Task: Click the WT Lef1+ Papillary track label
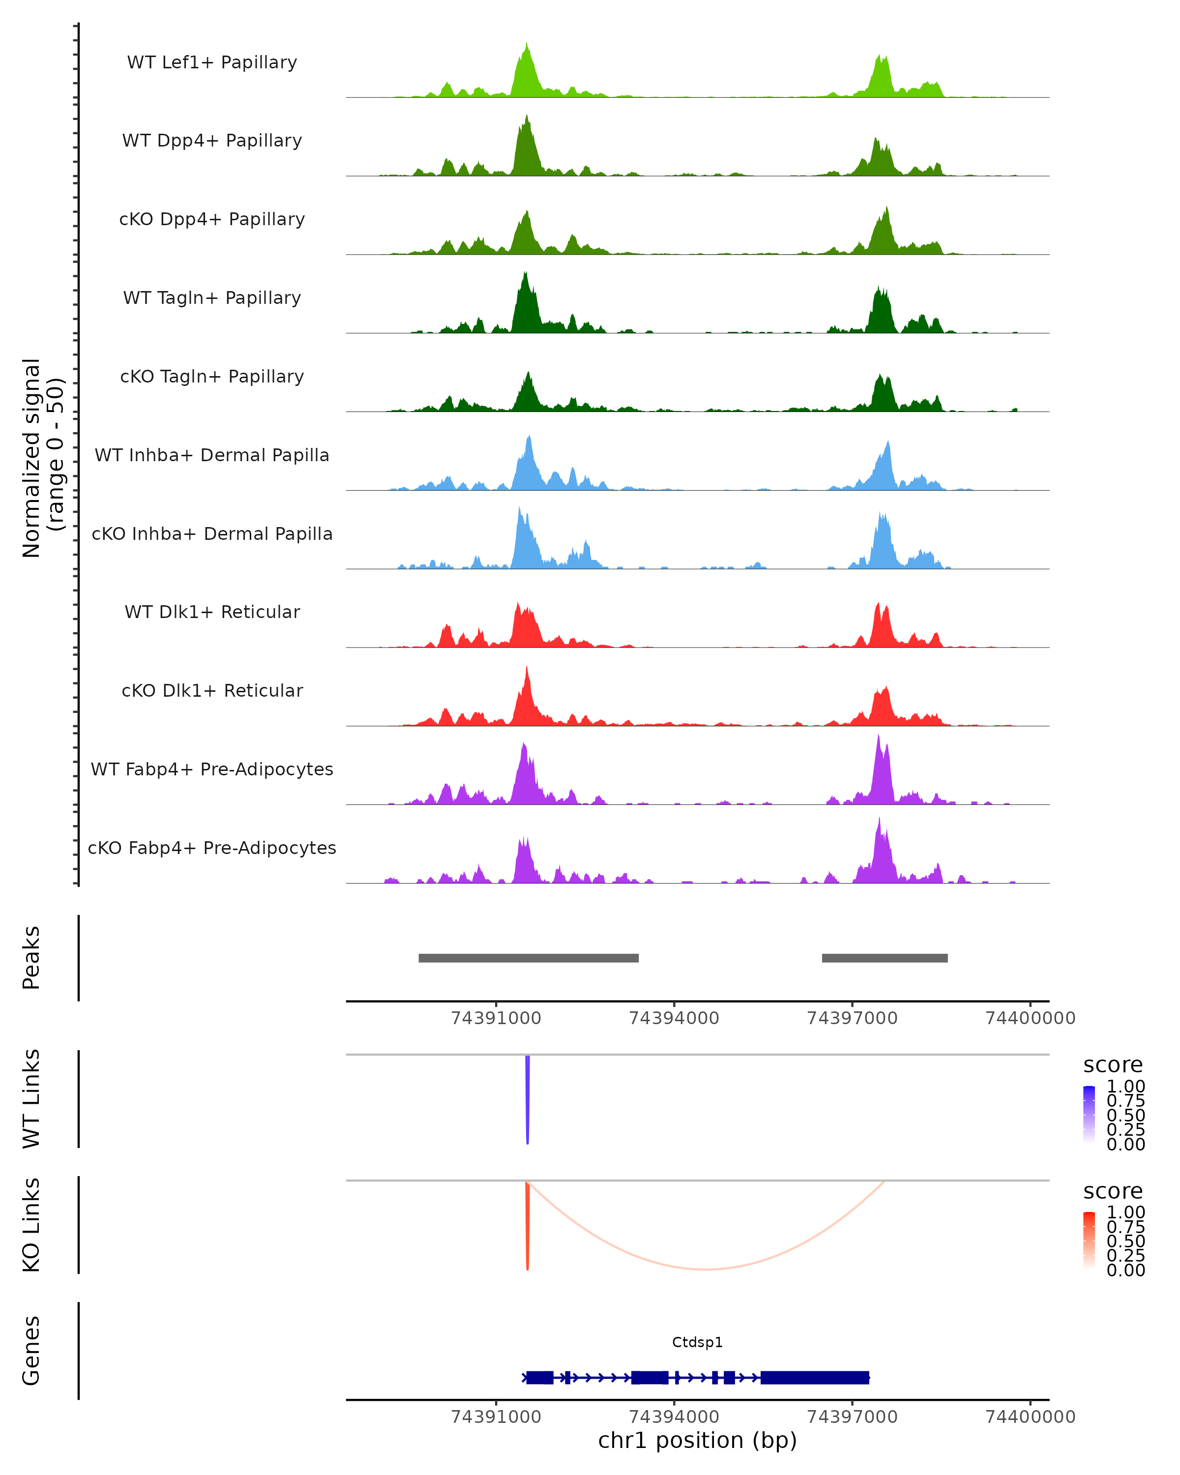click(x=212, y=62)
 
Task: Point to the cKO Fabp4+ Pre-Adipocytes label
click(x=212, y=848)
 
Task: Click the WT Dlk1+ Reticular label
click(x=212, y=612)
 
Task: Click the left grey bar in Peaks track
click(x=528, y=958)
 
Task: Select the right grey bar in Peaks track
click(x=885, y=958)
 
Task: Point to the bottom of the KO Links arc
click(x=706, y=1269)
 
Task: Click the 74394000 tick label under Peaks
click(x=674, y=1019)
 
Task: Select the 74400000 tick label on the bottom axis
click(x=1030, y=1417)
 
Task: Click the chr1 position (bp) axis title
click(x=697, y=1441)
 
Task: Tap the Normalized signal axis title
click(x=42, y=458)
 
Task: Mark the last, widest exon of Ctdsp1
click(x=815, y=1377)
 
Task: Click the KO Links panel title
click(x=31, y=1225)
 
